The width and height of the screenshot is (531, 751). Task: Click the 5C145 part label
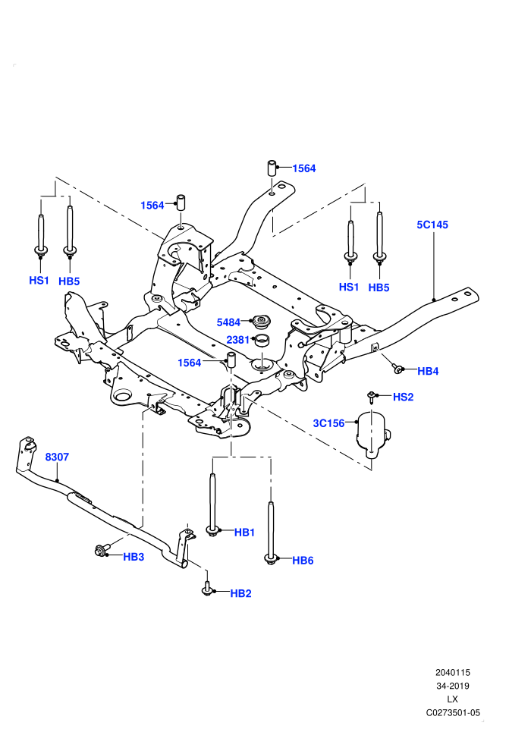pos(432,225)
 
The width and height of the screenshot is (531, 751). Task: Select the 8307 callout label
pos(57,457)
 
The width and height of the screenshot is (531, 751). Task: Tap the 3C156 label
pos(328,423)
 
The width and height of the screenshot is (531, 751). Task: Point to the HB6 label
pos(303,561)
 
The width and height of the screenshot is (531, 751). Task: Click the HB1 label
pos(244,533)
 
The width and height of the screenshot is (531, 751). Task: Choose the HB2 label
pos(240,593)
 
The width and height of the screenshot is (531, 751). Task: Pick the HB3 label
pos(134,557)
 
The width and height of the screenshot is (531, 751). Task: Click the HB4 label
pos(428,371)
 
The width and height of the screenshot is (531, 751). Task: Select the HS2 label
pos(403,397)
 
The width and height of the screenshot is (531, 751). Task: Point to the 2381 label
pos(238,340)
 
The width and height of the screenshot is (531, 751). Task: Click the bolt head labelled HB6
pos(271,558)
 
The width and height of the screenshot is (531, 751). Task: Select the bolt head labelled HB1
pos(212,530)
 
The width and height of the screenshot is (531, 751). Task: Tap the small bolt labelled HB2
pos(207,589)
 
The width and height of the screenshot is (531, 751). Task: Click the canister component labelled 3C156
pos(372,432)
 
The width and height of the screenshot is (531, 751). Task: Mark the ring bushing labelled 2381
pos(262,341)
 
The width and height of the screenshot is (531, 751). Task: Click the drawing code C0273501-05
pos(452,713)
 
